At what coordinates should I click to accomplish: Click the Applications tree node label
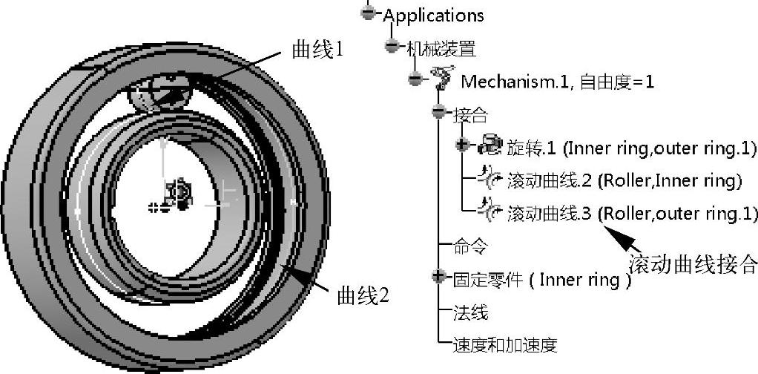click(x=433, y=16)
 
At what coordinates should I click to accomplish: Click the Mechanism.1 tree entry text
click(x=557, y=81)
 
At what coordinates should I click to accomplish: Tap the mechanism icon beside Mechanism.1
click(x=441, y=79)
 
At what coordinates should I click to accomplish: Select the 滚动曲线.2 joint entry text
click(x=624, y=181)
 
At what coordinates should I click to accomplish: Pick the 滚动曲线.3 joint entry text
click(x=632, y=214)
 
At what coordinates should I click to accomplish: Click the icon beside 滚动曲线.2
click(x=490, y=178)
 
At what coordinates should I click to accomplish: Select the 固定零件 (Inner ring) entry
click(x=541, y=280)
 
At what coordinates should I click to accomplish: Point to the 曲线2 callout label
click(x=363, y=296)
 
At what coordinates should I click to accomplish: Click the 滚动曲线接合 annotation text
click(x=693, y=263)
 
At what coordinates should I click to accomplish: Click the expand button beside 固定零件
click(x=438, y=277)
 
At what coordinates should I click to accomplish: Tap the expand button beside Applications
click(x=367, y=13)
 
